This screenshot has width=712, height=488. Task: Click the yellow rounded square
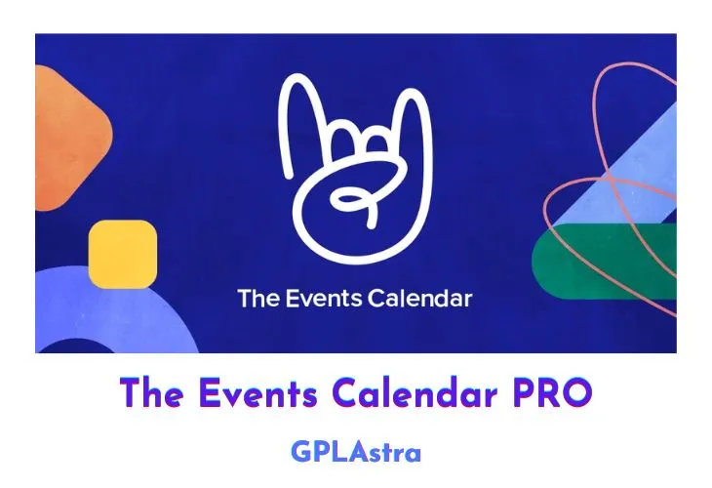pos(122,253)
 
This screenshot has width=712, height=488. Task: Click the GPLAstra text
pos(355,451)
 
